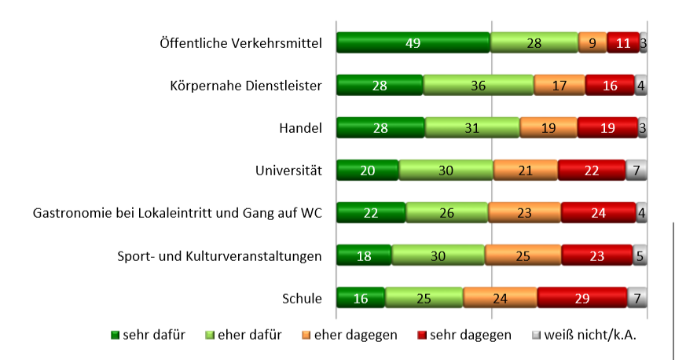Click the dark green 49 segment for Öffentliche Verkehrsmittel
coord(413,43)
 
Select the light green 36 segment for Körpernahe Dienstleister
coord(478,86)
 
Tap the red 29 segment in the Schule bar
coord(581,298)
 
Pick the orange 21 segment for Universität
coord(525,171)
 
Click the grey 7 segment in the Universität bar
coord(636,171)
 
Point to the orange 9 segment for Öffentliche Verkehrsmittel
coord(592,43)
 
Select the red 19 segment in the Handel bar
coord(607,128)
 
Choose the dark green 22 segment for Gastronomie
coord(371,213)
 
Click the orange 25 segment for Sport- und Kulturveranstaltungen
coord(523,255)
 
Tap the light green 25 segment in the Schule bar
coord(424,298)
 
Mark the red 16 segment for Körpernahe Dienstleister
coord(609,86)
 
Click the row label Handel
coord(300,128)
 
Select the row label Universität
coord(288,171)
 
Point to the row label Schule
coord(302,298)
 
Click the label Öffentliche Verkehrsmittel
coord(240,43)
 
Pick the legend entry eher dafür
coord(244,335)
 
